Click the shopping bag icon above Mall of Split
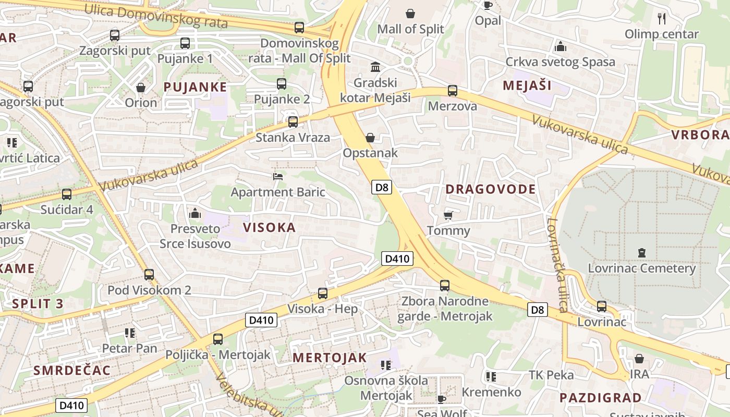(410, 13)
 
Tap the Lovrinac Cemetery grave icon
(641, 253)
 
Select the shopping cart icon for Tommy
(448, 215)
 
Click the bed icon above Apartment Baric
(278, 177)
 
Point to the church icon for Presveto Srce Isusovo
(195, 213)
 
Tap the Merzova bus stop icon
(453, 91)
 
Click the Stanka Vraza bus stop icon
(293, 122)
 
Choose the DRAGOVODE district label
(491, 189)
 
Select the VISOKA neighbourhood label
(269, 227)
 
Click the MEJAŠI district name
(527, 85)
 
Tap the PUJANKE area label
(195, 87)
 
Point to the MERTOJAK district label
(330, 358)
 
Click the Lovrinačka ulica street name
(556, 265)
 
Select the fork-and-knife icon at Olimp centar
(662, 19)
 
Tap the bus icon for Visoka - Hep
(323, 293)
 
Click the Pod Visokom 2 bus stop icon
(149, 275)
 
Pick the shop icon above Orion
(140, 87)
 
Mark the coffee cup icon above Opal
(488, 5)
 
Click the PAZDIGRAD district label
(600, 398)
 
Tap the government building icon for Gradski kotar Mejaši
(375, 67)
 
